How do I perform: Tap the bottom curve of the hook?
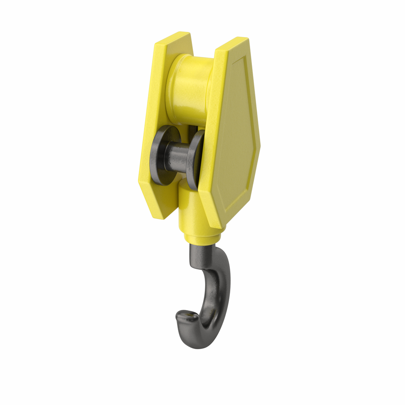pos(197,343)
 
